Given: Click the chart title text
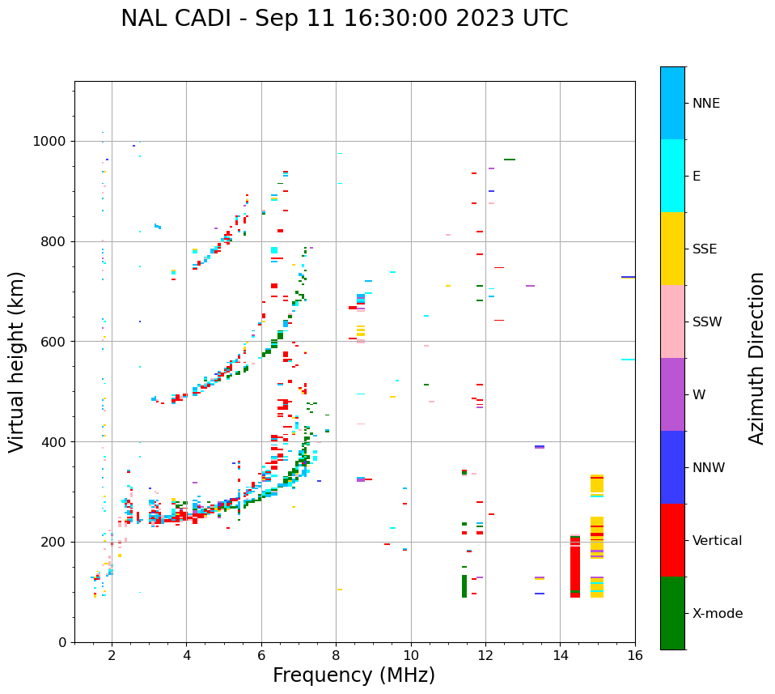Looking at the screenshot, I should coord(344,19).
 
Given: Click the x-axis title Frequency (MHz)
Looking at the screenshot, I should coord(354,675).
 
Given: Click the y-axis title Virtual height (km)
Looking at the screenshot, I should coord(17,361).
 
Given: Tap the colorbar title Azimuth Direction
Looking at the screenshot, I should coord(756,357).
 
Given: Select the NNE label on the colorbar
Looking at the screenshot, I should coord(705,104).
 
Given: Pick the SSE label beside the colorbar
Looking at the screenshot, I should coord(704,249).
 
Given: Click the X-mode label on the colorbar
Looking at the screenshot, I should coord(718,614).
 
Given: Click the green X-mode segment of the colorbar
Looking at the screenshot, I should coord(672,613).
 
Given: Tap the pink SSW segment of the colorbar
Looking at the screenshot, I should coord(672,321).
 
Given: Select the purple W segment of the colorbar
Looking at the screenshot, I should coord(672,394).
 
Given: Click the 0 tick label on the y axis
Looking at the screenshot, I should coord(63,642).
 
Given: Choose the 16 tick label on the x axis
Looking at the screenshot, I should coord(634,655).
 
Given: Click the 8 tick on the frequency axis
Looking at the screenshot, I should coord(336,655).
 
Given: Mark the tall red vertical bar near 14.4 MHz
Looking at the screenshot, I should coord(575,567).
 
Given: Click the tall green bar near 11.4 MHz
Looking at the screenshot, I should coord(464,586).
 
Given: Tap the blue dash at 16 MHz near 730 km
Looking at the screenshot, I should coord(628,277).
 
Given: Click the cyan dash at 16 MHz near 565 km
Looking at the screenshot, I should coord(628,360).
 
